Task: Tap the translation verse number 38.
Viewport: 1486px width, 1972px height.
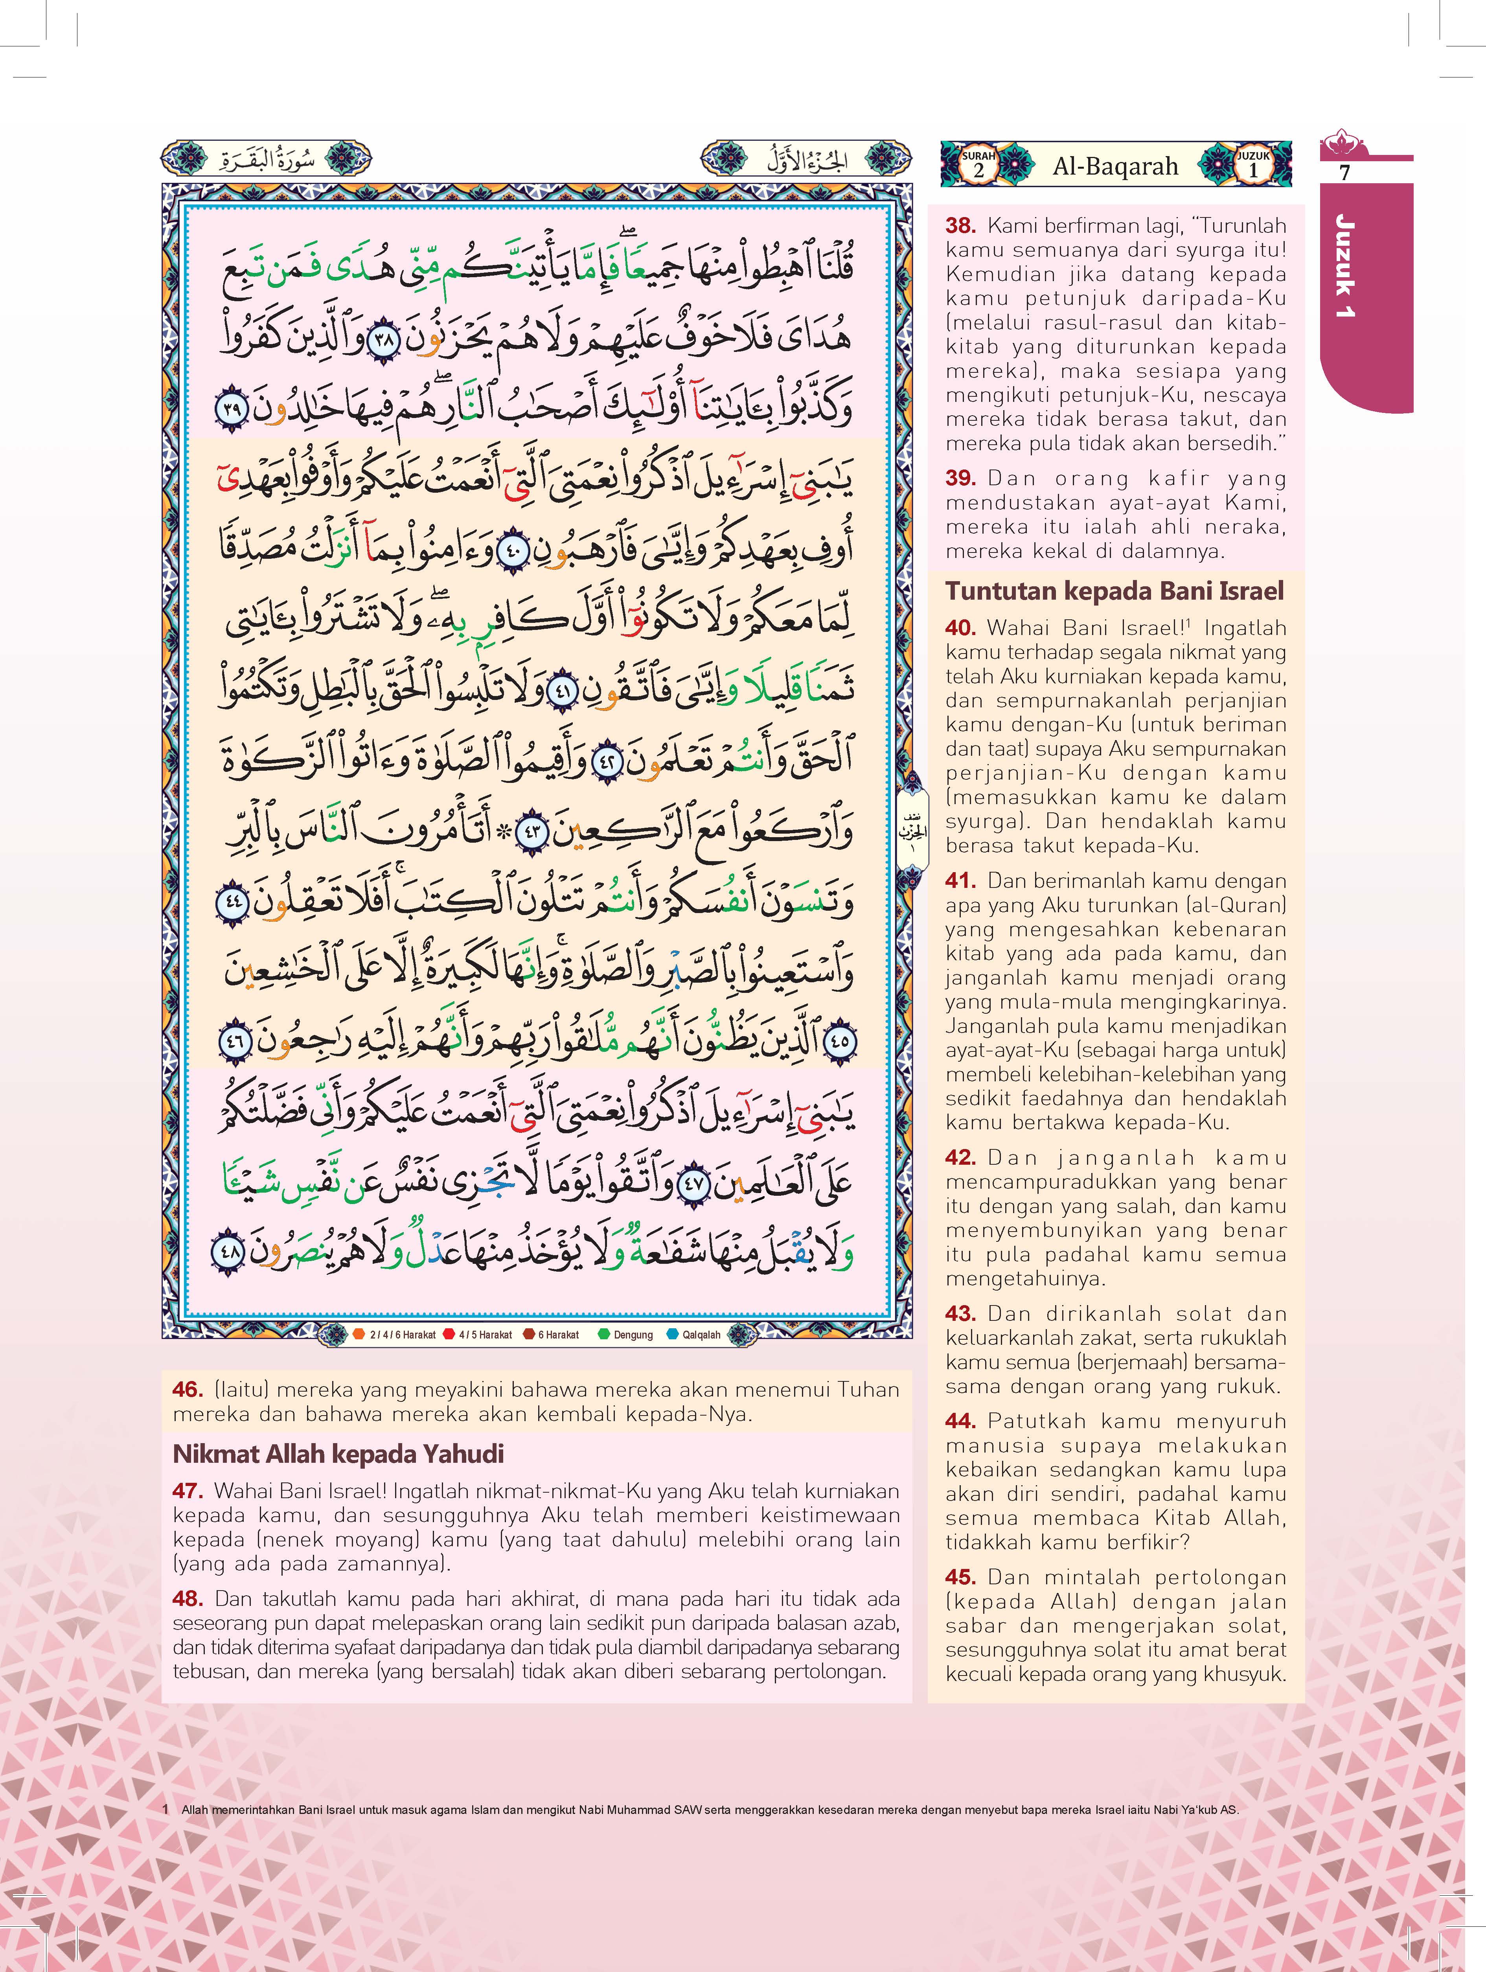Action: tap(961, 226)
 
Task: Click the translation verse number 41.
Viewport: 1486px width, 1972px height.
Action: tap(961, 881)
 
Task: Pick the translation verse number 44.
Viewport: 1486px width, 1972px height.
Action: tap(961, 1421)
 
